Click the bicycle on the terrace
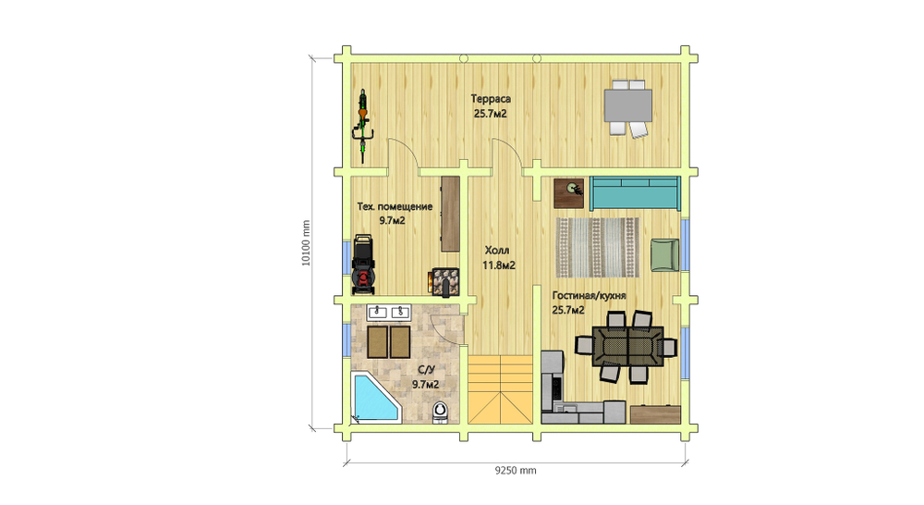362,126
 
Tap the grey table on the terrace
628,105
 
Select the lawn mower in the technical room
362,265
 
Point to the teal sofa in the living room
636,193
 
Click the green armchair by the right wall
664,255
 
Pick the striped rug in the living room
598,248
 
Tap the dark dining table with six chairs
628,347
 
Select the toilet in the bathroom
440,412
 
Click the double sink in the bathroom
389,312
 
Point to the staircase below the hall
500,389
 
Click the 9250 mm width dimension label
516,470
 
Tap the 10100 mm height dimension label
305,243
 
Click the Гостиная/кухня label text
589,296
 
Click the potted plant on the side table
573,189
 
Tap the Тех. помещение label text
395,206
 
